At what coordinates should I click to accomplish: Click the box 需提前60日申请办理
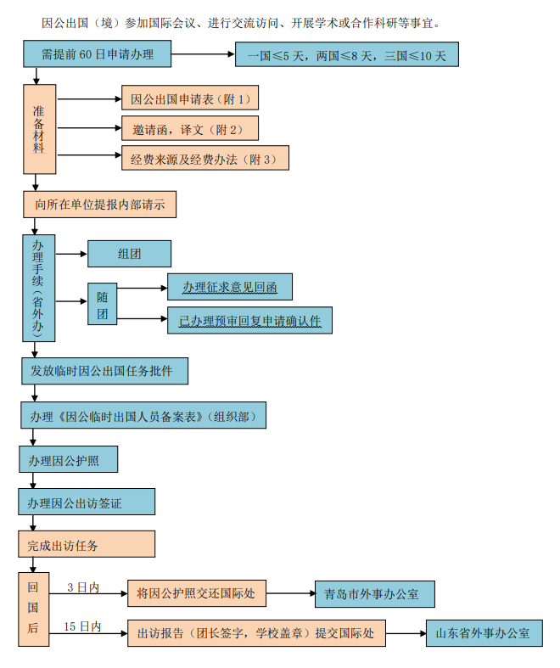pyautogui.click(x=97, y=55)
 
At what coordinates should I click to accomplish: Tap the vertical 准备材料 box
pyautogui.click(x=39, y=129)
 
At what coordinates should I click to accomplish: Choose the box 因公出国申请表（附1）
pyautogui.click(x=189, y=98)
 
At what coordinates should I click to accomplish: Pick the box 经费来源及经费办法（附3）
pyautogui.click(x=204, y=158)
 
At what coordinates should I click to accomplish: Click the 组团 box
pyautogui.click(x=129, y=254)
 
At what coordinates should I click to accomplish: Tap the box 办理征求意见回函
pyautogui.click(x=229, y=287)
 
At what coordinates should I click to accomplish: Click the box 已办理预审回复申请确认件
pyautogui.click(x=249, y=320)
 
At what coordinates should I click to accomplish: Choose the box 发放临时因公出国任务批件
pyautogui.click(x=104, y=371)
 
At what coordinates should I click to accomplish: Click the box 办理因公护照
pyautogui.click(x=68, y=459)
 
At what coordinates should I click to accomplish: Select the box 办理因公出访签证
pyautogui.click(x=87, y=502)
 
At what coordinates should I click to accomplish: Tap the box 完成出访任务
pyautogui.click(x=87, y=544)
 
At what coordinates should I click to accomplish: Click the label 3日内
pyautogui.click(x=83, y=587)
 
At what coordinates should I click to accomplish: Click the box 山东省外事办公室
pyautogui.click(x=483, y=633)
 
